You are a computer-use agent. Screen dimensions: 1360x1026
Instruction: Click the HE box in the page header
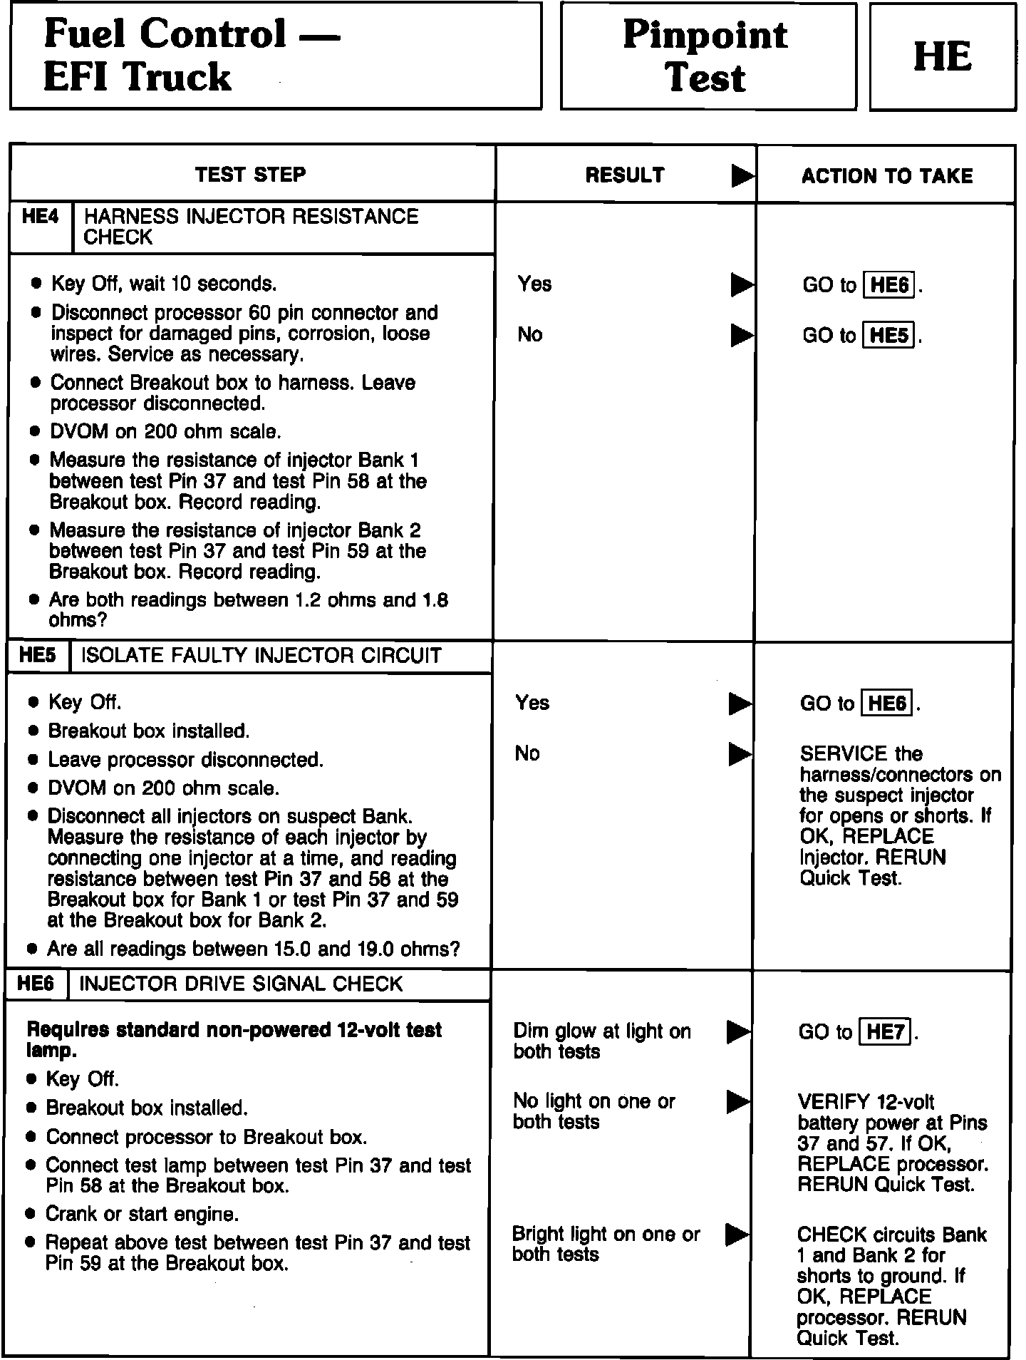coord(942,57)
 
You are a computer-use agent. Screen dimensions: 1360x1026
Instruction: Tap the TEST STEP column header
coord(251,175)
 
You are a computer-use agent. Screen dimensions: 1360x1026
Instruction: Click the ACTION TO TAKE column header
coord(887,176)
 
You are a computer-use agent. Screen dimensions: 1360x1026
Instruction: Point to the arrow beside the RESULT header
coord(742,176)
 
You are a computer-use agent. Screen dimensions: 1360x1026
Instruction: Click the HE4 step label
coord(41,217)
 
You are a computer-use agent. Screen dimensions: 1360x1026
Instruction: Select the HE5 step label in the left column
coord(38,655)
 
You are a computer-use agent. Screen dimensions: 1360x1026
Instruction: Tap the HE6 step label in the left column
coord(36,984)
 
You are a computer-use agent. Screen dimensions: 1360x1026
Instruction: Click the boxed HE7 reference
coord(886,1031)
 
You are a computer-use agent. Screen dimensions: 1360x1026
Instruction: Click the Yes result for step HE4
coord(534,284)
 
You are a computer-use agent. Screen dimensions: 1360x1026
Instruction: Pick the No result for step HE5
coord(527,753)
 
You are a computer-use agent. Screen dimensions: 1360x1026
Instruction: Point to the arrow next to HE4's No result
coord(742,335)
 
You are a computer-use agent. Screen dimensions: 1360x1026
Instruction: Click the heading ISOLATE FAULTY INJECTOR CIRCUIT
coord(261,656)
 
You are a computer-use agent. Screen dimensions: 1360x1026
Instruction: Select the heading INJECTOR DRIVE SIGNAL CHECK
coord(241,984)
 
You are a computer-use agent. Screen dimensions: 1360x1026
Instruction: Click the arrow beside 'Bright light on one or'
coord(737,1235)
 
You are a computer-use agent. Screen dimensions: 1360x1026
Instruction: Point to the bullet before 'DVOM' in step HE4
coord(35,432)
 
